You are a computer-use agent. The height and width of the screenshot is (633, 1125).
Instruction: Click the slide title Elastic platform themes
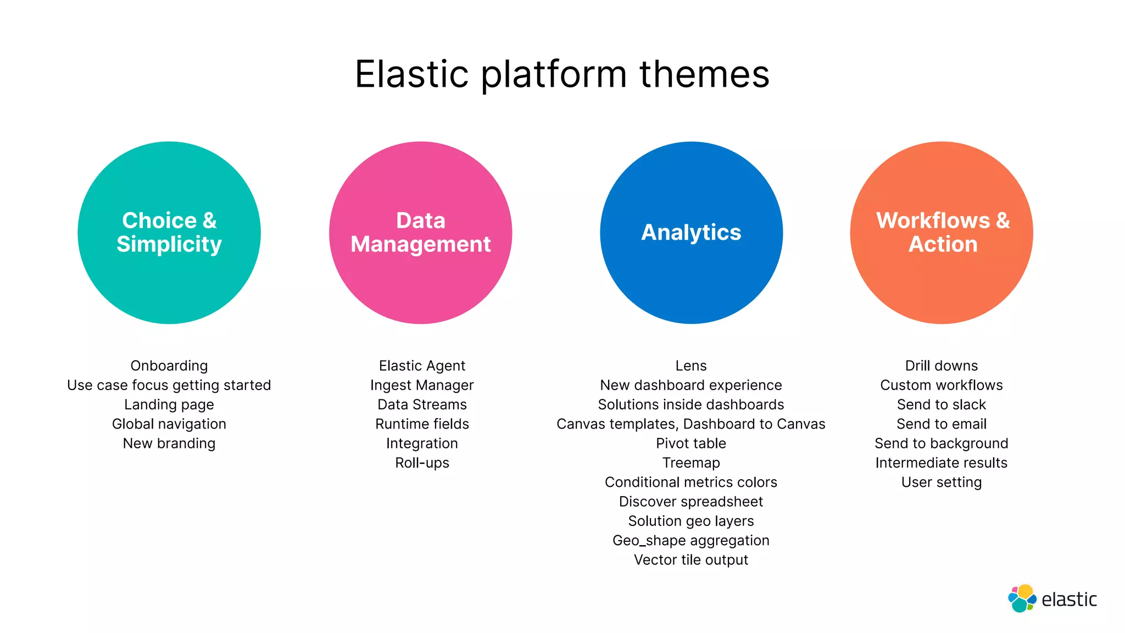[562, 74]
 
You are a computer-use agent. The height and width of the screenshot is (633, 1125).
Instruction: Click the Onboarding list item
[169, 366]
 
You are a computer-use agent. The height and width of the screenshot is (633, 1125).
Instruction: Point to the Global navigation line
[169, 424]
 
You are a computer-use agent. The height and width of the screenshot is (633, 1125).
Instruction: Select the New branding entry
[169, 443]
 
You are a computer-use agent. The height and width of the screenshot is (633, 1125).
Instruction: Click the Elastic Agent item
[422, 366]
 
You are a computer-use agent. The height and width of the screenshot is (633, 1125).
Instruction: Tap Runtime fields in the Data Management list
[422, 424]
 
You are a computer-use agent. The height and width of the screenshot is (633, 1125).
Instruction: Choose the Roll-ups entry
[422, 463]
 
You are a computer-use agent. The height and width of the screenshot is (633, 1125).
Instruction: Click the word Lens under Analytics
[691, 366]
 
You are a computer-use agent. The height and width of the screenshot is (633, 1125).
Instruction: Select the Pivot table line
[691, 443]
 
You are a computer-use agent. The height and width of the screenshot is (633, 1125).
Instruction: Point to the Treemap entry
[691, 463]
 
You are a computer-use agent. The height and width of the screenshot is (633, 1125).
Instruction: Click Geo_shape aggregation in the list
[691, 541]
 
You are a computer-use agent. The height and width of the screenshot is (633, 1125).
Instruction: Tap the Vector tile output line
[691, 560]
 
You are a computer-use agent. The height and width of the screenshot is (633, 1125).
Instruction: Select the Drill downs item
[942, 366]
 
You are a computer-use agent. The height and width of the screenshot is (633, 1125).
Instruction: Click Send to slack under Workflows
[942, 405]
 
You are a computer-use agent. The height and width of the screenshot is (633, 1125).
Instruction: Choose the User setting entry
[942, 482]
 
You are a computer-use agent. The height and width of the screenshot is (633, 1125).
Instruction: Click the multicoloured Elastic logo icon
[1022, 598]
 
